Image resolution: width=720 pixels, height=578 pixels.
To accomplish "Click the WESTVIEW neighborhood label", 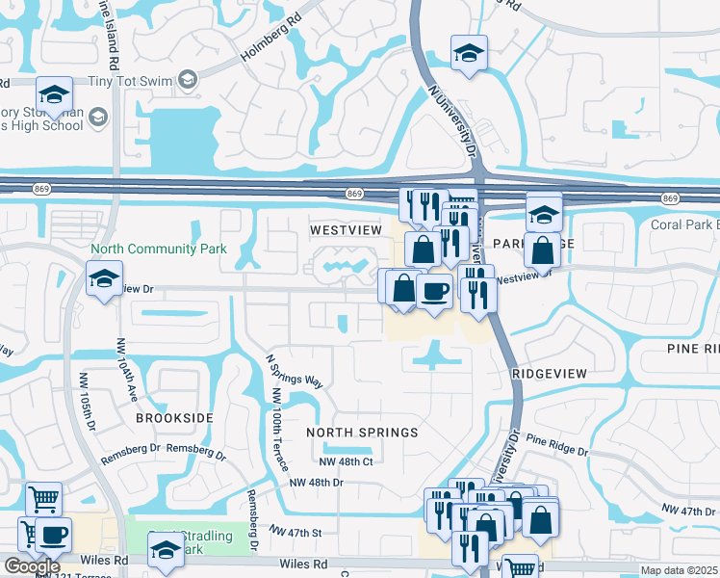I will pos(347,231).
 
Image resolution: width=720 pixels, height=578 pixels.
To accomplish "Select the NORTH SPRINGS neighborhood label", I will pos(363,433).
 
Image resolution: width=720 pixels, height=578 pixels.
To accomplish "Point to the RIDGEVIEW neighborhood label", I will pos(549,372).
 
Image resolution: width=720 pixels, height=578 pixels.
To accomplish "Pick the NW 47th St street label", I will pos(295,532).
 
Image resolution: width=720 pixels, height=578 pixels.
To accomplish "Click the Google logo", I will pos(31,566).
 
